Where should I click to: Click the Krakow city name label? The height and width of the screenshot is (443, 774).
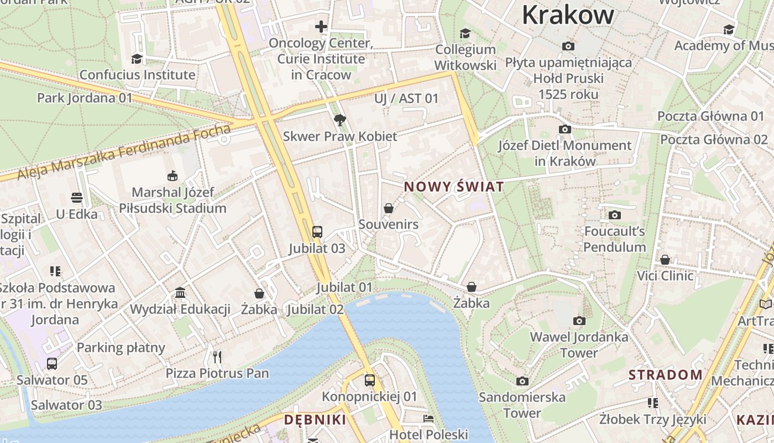[568, 15]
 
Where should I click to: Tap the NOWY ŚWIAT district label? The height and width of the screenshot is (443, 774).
[454, 187]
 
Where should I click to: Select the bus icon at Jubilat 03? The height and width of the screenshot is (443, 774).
[317, 231]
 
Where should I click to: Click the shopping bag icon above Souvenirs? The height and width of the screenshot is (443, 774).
[389, 208]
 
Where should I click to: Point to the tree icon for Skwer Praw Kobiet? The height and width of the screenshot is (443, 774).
[340, 119]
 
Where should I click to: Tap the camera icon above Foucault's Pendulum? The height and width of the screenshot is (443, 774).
[615, 215]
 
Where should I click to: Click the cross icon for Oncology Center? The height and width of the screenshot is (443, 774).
[321, 26]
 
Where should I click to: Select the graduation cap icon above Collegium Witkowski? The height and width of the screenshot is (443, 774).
[465, 33]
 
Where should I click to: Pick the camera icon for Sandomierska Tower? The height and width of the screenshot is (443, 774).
[522, 381]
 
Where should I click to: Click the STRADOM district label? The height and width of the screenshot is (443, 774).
[665, 375]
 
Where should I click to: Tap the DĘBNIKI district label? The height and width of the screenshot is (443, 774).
[315, 420]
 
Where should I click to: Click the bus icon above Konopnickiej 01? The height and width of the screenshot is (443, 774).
[370, 380]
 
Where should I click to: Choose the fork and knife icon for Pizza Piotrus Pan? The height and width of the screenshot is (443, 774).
[217, 357]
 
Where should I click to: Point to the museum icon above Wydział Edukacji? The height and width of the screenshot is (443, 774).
[180, 292]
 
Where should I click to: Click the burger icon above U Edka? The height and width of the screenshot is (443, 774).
[77, 198]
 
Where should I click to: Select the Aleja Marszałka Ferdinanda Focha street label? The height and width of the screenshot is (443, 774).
[124, 152]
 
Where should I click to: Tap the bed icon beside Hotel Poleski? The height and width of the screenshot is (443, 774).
[428, 419]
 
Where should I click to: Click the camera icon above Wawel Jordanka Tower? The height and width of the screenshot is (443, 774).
[579, 321]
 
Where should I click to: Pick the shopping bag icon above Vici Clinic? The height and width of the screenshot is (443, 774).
[665, 259]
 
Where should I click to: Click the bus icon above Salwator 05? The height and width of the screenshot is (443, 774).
[52, 363]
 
